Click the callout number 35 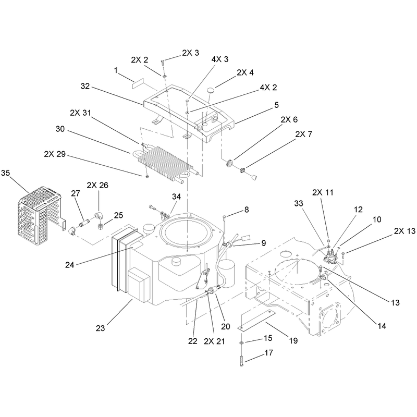[x=5, y=173]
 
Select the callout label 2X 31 [x=80, y=113]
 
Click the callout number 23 [x=100, y=328]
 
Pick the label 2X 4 [x=245, y=72]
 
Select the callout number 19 [x=293, y=341]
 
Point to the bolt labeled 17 [x=241, y=361]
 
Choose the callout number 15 [x=268, y=338]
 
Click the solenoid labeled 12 [x=330, y=257]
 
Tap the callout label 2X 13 [x=404, y=231]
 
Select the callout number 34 [x=176, y=197]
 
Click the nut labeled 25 [x=100, y=227]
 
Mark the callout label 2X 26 [x=97, y=185]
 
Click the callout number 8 [x=247, y=210]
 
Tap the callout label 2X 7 [x=303, y=134]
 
